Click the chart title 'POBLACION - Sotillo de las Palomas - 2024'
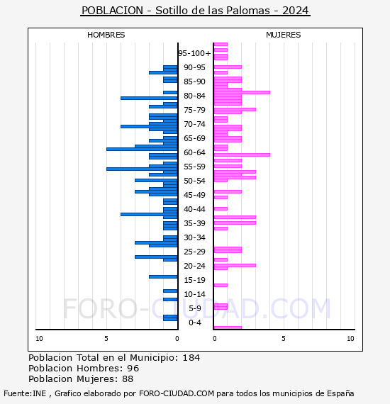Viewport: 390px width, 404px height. point(195,11)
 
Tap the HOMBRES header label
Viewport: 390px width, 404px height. point(106,35)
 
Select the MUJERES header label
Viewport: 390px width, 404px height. point(284,35)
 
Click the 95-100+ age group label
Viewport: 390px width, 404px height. point(194,53)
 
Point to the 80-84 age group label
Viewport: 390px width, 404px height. point(194,96)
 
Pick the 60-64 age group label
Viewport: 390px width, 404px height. point(194,152)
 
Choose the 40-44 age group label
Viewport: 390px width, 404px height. point(194,209)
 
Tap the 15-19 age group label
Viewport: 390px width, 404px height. point(194,280)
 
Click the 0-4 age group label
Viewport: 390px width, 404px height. point(195,322)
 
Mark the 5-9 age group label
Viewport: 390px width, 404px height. point(195,308)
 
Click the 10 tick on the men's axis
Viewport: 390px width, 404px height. point(39,339)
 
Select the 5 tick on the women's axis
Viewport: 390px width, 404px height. point(284,339)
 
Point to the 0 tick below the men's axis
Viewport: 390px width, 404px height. point(177,339)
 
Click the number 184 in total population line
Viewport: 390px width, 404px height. point(191,358)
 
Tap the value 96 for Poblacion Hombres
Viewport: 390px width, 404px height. point(133,369)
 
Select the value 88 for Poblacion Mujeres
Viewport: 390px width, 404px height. point(128,379)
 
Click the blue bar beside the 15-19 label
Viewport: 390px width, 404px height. point(163,277)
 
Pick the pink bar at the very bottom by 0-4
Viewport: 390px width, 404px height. point(228,327)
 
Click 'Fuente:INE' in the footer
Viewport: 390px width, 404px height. point(25,393)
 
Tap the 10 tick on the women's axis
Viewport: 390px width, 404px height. point(350,339)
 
